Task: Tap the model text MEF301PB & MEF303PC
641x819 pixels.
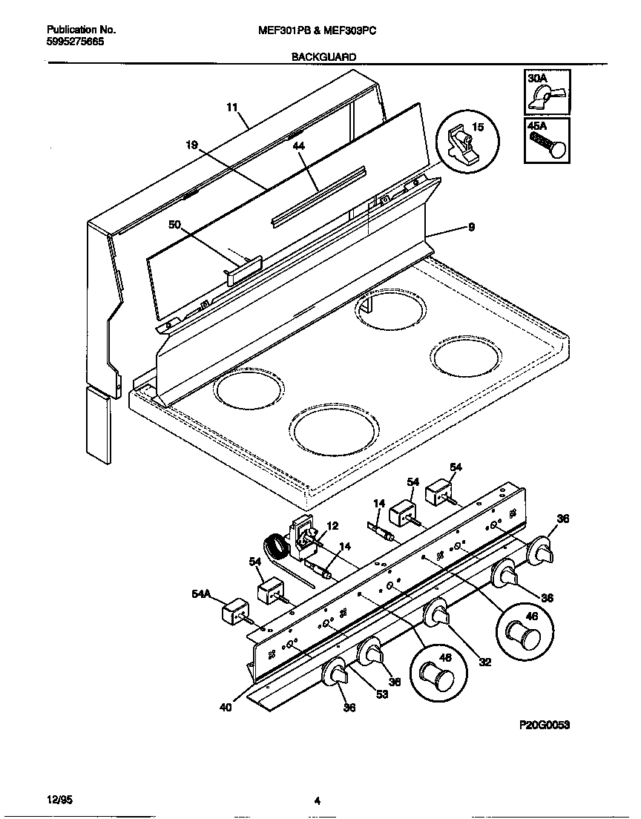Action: click(x=321, y=30)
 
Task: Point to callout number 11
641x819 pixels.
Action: click(x=232, y=108)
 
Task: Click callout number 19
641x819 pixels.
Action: click(x=191, y=146)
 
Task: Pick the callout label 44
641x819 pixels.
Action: click(x=299, y=147)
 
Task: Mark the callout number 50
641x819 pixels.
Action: click(x=174, y=224)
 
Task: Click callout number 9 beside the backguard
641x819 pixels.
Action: click(x=470, y=228)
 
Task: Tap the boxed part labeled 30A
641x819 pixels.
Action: click(x=548, y=93)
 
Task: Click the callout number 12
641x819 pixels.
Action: click(x=332, y=526)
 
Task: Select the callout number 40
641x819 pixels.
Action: click(x=226, y=707)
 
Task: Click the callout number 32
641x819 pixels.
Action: click(x=484, y=662)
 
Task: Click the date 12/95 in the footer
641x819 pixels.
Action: click(x=59, y=800)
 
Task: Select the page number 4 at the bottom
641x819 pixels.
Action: click(x=317, y=800)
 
